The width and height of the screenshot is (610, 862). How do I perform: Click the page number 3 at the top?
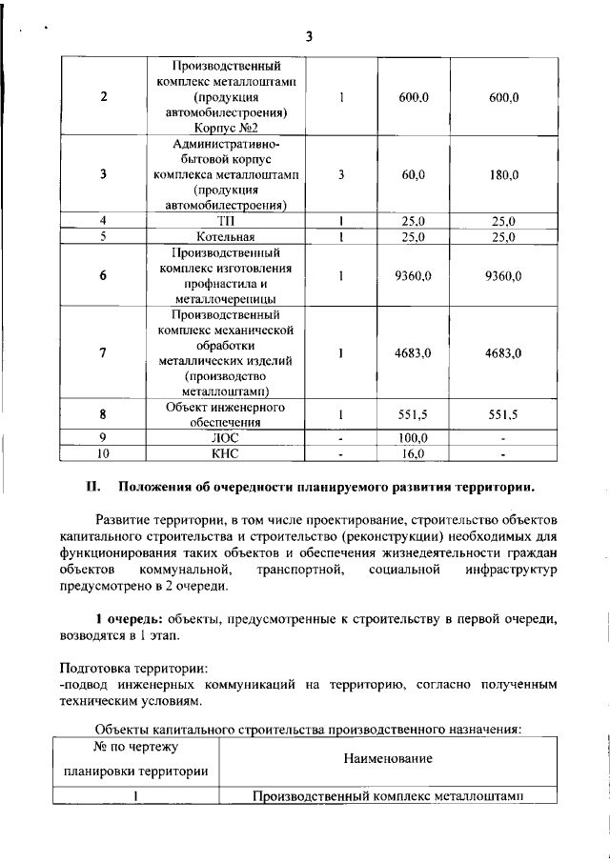pos(309,37)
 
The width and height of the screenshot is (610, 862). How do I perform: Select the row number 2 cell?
pos(103,97)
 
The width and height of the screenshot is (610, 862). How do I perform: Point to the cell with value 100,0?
pos(413,437)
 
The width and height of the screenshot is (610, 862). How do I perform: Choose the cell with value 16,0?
pos(413,453)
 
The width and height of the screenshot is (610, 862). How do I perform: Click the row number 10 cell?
pos(103,453)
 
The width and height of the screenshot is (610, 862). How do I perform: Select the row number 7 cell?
pos(103,352)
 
